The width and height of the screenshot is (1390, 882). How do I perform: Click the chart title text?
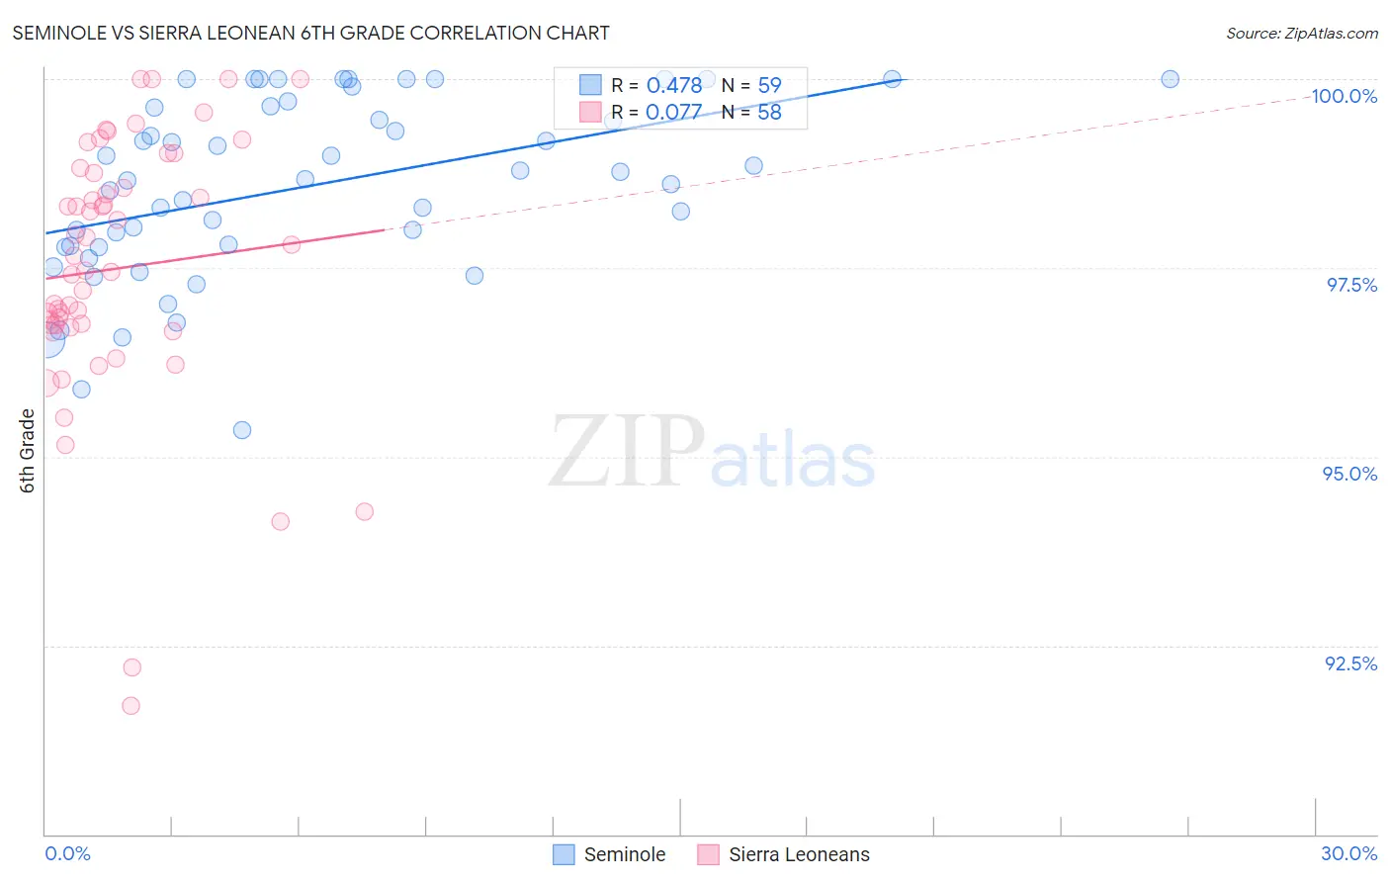(x=310, y=33)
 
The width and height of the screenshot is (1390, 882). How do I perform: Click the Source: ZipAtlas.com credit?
(x=1301, y=33)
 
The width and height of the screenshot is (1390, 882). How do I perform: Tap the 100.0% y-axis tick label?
(x=1344, y=96)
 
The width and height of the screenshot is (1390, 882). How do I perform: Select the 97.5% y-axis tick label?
(x=1350, y=285)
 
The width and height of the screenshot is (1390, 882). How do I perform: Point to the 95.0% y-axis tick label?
(x=1349, y=474)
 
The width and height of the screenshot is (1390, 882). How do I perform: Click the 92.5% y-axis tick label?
(x=1350, y=663)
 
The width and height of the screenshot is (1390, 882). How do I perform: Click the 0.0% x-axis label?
(x=67, y=853)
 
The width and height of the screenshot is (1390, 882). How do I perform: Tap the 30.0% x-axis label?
(x=1348, y=853)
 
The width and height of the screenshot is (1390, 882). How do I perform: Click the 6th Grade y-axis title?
(x=28, y=450)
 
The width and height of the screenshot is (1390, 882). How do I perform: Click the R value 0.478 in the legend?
(x=673, y=86)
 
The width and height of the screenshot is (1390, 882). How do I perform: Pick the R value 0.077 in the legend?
(x=673, y=113)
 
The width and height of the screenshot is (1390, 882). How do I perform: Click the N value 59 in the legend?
(x=769, y=86)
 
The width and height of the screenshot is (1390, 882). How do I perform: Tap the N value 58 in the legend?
(x=769, y=113)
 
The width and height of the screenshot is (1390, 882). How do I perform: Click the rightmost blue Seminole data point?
(x=1170, y=79)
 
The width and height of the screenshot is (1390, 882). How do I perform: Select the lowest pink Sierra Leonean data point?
(x=130, y=706)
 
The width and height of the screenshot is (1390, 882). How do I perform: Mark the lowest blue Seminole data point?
(x=242, y=430)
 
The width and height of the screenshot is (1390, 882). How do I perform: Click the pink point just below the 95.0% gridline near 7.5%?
(x=364, y=512)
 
